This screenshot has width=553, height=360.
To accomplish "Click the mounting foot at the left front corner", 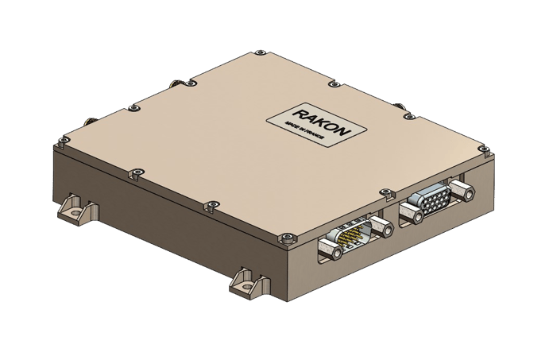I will tap(76, 207).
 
